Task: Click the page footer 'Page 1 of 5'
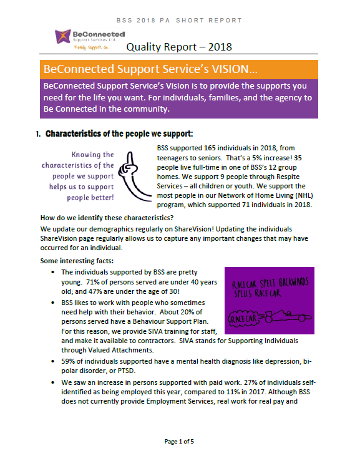(180, 442)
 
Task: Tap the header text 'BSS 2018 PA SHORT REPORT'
(180, 20)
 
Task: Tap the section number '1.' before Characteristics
(38, 133)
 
